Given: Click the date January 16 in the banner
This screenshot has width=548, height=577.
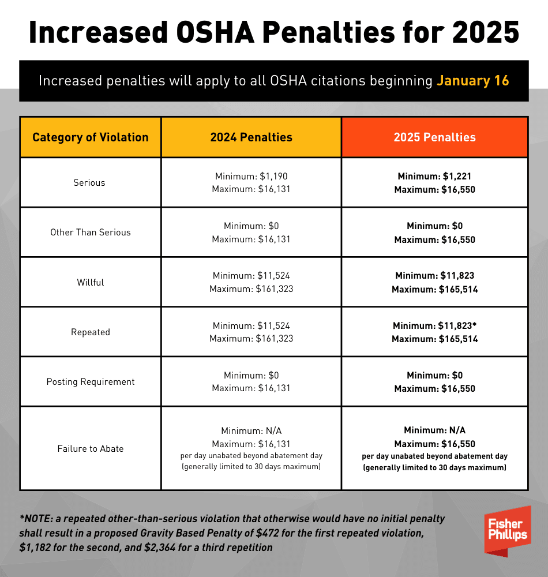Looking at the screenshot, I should click(472, 80).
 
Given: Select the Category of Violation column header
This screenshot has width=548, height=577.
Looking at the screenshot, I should click(91, 137).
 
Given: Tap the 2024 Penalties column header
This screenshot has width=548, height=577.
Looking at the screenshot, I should click(251, 137).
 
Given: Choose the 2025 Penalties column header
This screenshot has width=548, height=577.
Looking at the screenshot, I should click(434, 137).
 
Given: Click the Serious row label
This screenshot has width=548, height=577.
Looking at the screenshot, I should click(89, 182).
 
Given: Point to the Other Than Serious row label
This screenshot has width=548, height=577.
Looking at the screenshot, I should click(91, 232).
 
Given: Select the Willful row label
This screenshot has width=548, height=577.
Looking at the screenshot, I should click(89, 282).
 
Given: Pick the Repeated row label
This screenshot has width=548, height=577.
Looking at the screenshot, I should click(91, 332).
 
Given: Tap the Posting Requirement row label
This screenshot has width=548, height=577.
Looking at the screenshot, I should click(91, 381).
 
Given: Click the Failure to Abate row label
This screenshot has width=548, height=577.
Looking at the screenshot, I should click(91, 448).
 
